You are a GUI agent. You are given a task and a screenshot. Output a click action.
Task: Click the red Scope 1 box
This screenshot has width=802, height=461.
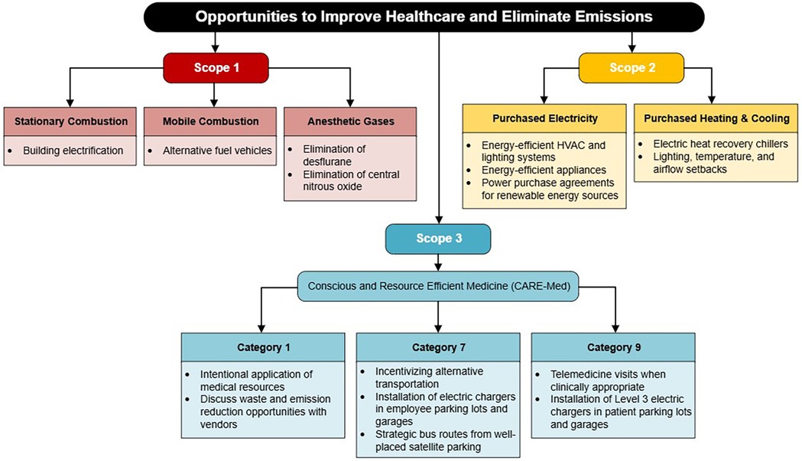click(x=216, y=67)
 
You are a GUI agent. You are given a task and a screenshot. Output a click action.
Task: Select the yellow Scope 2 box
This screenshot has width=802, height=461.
click(x=632, y=67)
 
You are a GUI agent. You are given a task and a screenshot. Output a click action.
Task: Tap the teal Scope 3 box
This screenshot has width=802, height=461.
click(x=438, y=239)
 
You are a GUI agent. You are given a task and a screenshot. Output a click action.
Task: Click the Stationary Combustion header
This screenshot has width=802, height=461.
click(x=70, y=122)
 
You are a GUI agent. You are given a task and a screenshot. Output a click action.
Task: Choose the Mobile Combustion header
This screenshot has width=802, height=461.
click(x=210, y=122)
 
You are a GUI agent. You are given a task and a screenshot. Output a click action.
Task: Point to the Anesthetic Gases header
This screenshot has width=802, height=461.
click(x=350, y=122)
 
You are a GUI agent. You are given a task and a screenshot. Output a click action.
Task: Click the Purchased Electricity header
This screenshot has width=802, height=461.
click(x=544, y=118)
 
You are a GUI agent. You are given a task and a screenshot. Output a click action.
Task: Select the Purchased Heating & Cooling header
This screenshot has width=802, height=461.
click(x=716, y=118)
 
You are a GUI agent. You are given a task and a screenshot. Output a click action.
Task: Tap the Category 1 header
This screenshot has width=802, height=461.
click(x=264, y=347)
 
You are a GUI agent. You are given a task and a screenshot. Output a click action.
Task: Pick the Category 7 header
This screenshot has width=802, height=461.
click(x=438, y=347)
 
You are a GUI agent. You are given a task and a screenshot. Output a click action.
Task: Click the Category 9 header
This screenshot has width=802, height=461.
click(x=613, y=347)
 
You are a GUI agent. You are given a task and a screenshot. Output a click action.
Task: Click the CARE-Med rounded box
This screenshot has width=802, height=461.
click(x=438, y=286)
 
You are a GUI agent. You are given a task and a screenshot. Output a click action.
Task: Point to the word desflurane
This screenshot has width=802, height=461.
click(x=326, y=161)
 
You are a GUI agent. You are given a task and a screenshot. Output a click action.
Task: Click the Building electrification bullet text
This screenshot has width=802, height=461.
click(x=73, y=151)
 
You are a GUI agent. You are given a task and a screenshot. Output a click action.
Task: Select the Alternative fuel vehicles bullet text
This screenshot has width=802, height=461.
click(x=217, y=151)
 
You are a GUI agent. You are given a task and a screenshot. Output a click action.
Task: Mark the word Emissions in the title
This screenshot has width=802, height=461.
click(x=613, y=16)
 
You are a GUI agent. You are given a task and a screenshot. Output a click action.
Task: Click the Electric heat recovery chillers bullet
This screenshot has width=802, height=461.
click(x=720, y=144)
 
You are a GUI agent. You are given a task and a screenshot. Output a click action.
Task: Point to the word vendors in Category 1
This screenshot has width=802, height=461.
click(x=219, y=424)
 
